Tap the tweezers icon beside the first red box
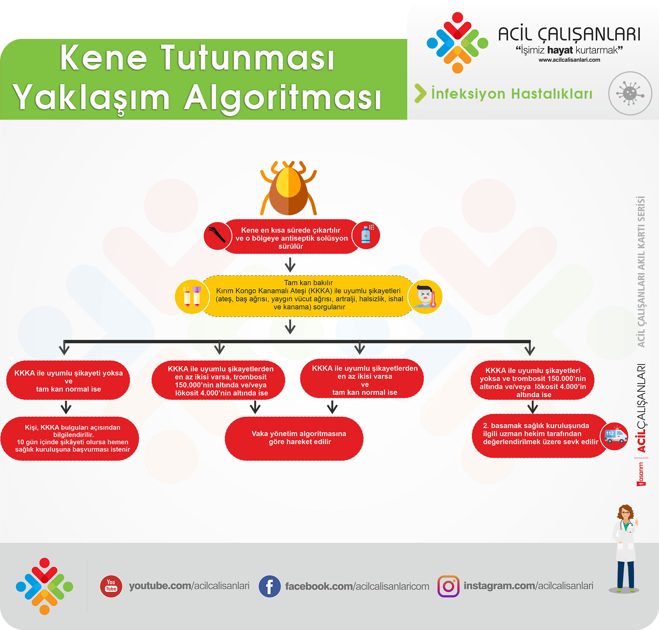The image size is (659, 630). pos(217,235)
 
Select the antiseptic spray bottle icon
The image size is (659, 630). pos(366,235)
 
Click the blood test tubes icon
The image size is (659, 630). pos(191,297)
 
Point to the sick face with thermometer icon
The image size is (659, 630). pos(425,297)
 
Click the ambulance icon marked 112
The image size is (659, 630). pos(615,436)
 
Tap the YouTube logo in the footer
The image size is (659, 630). pos(111,586)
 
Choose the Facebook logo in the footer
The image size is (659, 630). pos(270,586)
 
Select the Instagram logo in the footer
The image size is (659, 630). pos(448,586)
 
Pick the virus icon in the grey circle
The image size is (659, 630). pos(630,93)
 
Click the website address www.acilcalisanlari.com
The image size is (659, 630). pos(569,60)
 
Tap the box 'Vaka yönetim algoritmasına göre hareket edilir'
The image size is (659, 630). pos(294,438)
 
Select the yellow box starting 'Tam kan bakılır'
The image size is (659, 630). pos(308,296)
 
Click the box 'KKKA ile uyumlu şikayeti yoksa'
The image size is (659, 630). pos(68,380)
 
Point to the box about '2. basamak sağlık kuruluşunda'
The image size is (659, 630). pos(540,436)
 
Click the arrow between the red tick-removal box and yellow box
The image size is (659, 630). pos(290,265)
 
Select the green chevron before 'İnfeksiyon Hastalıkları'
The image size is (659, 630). pos(420,93)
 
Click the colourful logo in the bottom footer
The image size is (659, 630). pos(44,586)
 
